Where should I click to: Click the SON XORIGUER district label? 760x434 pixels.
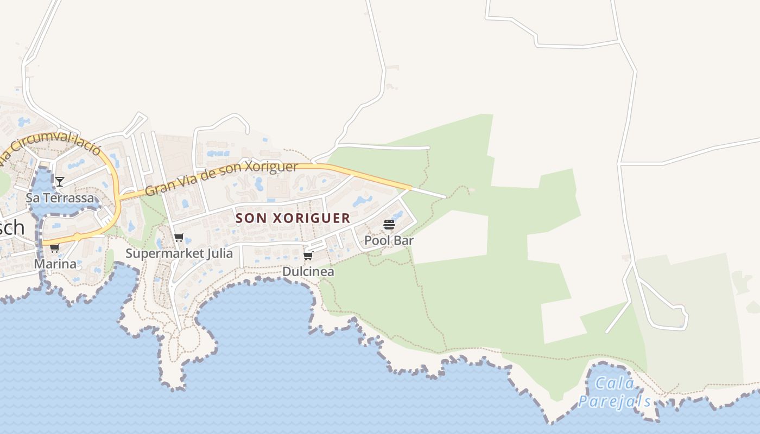point(293,218)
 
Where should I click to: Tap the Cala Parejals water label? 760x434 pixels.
point(615,392)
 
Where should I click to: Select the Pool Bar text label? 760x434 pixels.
point(389,240)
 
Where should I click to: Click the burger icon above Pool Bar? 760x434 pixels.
point(389,224)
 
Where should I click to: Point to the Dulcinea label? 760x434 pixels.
point(308,271)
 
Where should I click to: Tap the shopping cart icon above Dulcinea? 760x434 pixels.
point(308,256)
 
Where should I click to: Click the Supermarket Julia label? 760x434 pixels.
point(179,253)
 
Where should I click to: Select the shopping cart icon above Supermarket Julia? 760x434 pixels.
point(179,237)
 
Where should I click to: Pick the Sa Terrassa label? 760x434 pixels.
point(60,197)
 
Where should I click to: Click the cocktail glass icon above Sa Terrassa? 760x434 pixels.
point(60,181)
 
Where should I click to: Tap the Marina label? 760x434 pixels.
point(55,264)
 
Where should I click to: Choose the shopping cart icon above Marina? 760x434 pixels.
point(55,248)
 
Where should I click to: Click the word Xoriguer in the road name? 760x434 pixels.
point(271,168)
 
